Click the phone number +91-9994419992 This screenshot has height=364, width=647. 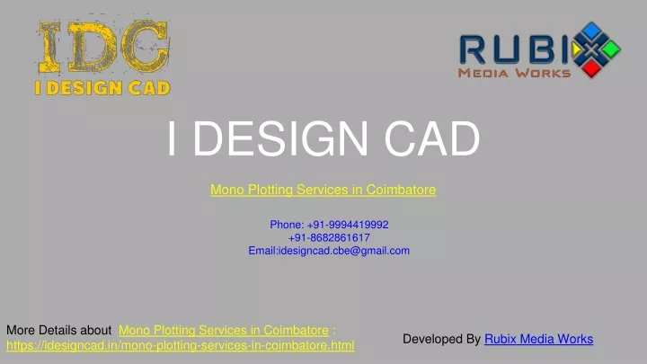(x=348, y=225)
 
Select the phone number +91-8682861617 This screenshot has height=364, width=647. (x=329, y=237)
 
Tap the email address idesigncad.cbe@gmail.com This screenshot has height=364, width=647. (x=344, y=251)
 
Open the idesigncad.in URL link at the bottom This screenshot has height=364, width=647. (x=181, y=345)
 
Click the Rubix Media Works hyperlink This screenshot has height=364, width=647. (x=539, y=339)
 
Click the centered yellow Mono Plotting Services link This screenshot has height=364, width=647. (x=323, y=190)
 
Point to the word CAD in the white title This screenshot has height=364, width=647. (x=432, y=138)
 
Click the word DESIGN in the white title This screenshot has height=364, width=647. (x=280, y=138)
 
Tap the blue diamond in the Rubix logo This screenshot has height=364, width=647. (x=591, y=31)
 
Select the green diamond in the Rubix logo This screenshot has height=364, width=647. (x=611, y=49)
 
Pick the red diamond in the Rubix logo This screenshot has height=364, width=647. (x=591, y=68)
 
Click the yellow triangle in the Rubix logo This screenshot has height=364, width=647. (x=576, y=49)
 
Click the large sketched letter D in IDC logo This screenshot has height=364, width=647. (x=93, y=46)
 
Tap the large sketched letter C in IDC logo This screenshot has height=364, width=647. (x=146, y=46)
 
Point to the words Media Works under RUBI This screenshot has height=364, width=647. (x=514, y=73)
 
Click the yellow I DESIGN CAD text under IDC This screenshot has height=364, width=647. (x=102, y=88)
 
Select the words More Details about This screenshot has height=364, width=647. (x=58, y=330)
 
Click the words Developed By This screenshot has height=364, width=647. (x=441, y=339)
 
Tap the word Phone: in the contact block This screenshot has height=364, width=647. (x=287, y=225)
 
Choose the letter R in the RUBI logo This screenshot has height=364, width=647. (x=473, y=49)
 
